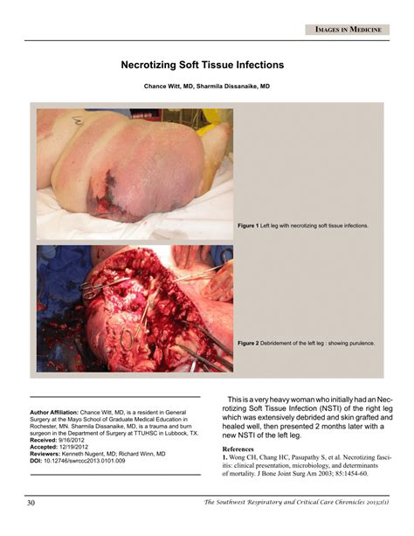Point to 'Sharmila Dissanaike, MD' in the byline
pos(235,87)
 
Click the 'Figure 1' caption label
pos(248,226)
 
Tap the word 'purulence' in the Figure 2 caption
pos(359,343)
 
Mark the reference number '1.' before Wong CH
pos(224,457)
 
